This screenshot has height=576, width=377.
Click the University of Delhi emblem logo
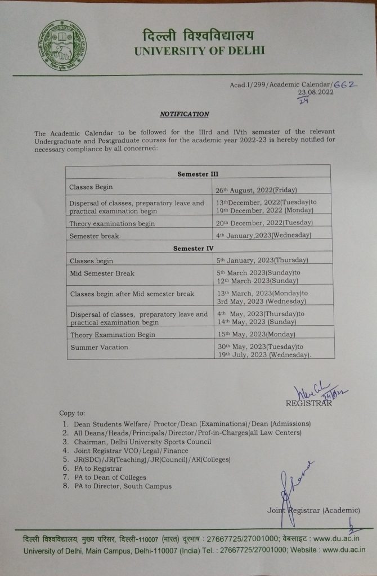62,44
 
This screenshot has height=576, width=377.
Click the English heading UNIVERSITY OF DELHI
199,51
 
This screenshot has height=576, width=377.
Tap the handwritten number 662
345,83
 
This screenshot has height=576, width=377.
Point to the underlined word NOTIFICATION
185,114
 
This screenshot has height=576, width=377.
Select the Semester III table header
198,174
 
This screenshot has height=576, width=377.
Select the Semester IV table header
198,248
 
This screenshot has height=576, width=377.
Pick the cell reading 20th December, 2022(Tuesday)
263,223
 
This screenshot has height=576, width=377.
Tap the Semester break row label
94,236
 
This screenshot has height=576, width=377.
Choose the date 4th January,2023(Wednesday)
263,235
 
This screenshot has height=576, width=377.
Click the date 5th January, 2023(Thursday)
262,260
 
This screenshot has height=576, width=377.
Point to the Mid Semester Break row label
102,273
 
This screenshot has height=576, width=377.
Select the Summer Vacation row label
99,347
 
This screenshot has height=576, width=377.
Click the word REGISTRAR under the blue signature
309,403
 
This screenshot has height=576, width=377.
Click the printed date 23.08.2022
316,92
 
